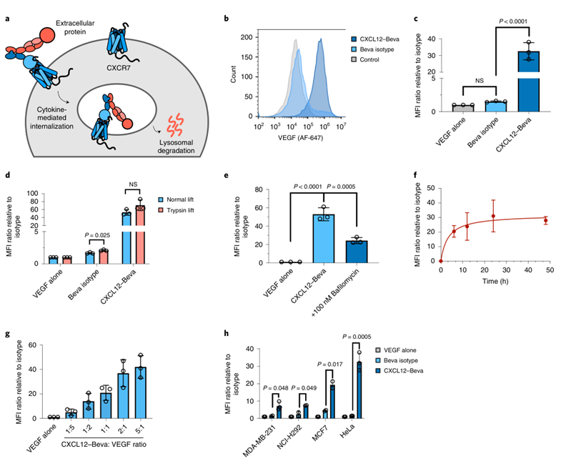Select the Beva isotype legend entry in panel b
click(x=372, y=49)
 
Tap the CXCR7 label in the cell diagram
click(x=119, y=67)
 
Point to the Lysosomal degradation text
click(x=176, y=147)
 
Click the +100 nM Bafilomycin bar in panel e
click(x=357, y=252)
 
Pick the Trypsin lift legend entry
click(x=176, y=210)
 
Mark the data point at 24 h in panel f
click(x=493, y=216)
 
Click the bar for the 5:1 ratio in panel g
click(x=141, y=393)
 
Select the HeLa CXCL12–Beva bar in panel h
click(x=359, y=390)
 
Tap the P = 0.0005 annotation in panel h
click(x=357, y=337)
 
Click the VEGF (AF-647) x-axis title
click(x=300, y=138)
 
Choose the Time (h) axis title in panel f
click(x=495, y=281)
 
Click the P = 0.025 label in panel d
click(x=97, y=235)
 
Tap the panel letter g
click(x=7, y=334)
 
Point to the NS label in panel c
click(x=480, y=81)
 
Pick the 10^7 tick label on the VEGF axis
click(x=341, y=127)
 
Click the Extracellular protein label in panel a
click(x=75, y=27)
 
